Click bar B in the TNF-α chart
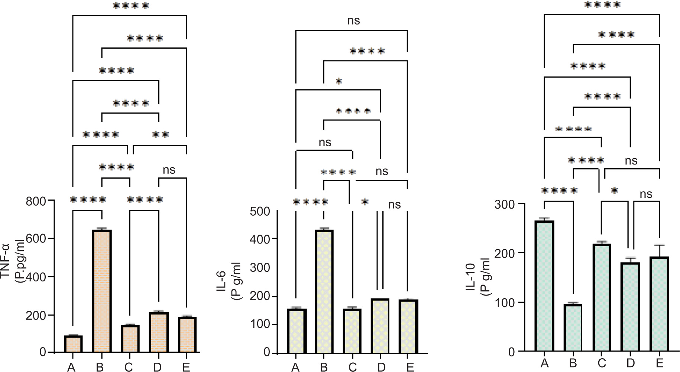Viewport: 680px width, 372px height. tap(102, 291)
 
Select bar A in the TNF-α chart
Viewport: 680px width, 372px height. tap(73, 344)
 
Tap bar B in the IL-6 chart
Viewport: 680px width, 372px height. tap(324, 291)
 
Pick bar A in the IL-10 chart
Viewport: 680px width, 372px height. tap(544, 286)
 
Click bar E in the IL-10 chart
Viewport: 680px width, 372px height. tap(660, 304)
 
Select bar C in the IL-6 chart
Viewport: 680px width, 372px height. tap(352, 331)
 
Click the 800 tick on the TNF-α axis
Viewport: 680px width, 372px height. tap(36, 201)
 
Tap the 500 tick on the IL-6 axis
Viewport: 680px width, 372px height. tap(260, 211)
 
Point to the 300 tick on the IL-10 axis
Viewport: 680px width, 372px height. tap(504, 204)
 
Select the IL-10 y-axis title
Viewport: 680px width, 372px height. tap(477, 277)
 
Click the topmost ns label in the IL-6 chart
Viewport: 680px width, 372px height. tap(353, 21)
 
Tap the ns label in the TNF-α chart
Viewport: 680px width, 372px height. tap(169, 170)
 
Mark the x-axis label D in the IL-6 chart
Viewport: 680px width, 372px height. tap(381, 367)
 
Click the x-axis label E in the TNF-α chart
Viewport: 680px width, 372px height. tap(186, 367)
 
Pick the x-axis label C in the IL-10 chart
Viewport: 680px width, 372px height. tap(602, 363)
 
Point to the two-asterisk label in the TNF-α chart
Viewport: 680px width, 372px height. tap(161, 134)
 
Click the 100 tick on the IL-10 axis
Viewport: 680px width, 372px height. tap(504, 303)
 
